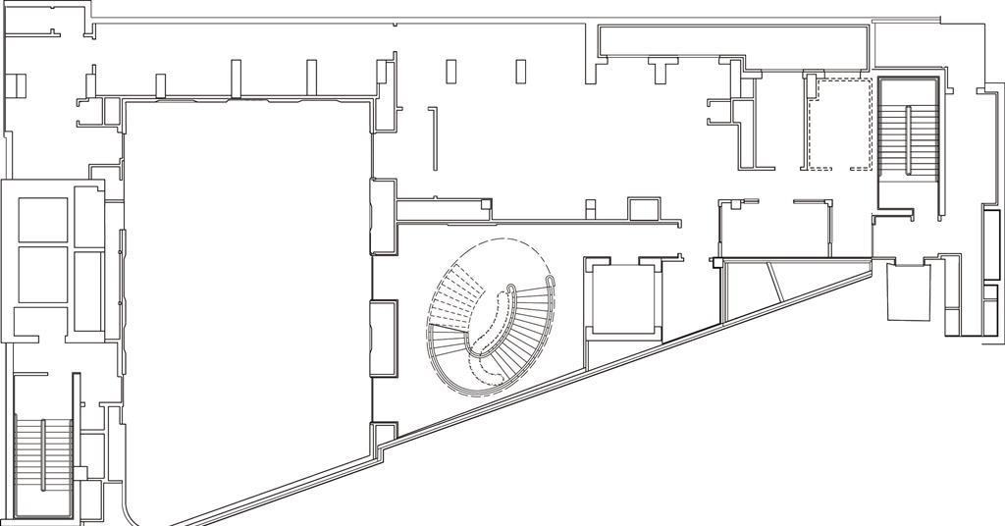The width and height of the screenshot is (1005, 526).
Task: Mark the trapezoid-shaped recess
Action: click(909, 291)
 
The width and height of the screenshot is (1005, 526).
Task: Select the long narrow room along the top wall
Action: click(731, 41)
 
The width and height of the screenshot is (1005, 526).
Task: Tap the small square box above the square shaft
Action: click(645, 209)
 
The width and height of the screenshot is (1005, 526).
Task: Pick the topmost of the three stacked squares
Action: click(43, 220)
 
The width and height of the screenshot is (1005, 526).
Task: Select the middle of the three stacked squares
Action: click(43, 275)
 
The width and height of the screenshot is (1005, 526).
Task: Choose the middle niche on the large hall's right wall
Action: click(383, 339)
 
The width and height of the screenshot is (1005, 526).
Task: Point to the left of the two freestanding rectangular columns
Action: click(451, 72)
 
